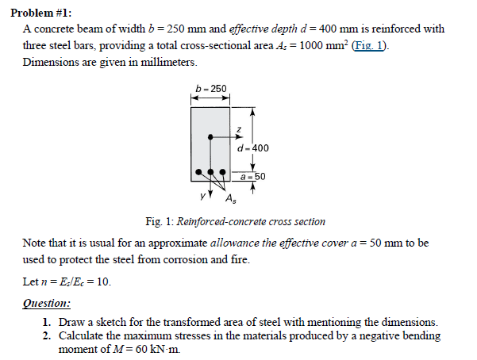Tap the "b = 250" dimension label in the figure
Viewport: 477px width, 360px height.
coord(210,88)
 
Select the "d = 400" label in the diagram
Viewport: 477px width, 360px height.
coord(253,147)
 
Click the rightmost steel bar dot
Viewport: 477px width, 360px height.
coord(222,171)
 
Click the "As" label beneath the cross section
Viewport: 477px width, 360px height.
coord(229,198)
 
